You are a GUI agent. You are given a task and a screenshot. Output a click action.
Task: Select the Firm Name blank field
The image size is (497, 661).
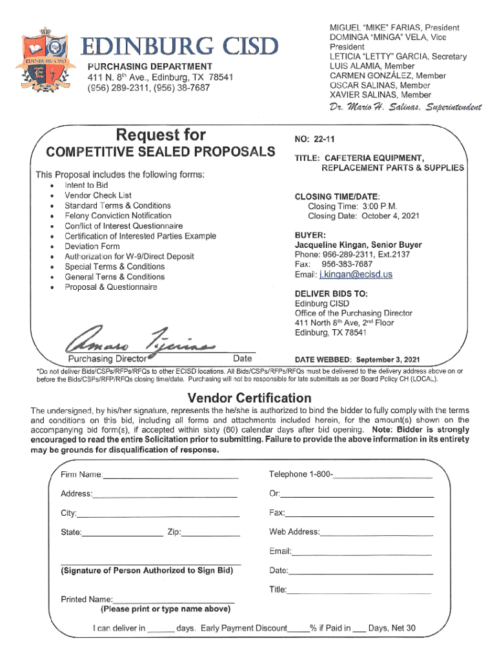[x=170, y=476]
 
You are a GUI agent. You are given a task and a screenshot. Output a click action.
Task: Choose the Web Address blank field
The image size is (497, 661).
[x=376, y=533]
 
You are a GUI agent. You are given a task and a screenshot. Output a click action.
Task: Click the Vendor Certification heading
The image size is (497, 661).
[x=249, y=398]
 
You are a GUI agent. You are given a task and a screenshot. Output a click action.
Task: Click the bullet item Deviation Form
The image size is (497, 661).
[x=92, y=246]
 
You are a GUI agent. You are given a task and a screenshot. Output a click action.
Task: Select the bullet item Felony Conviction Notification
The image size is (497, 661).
[x=117, y=216]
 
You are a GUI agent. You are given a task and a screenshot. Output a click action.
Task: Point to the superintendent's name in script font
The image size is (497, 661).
[x=405, y=107]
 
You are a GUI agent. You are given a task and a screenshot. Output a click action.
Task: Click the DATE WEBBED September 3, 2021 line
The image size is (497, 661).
[x=357, y=359]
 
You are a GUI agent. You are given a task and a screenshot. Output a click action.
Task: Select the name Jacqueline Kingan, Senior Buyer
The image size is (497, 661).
[x=358, y=245]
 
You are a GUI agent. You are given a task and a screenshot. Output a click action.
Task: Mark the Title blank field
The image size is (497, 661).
[x=359, y=590]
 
